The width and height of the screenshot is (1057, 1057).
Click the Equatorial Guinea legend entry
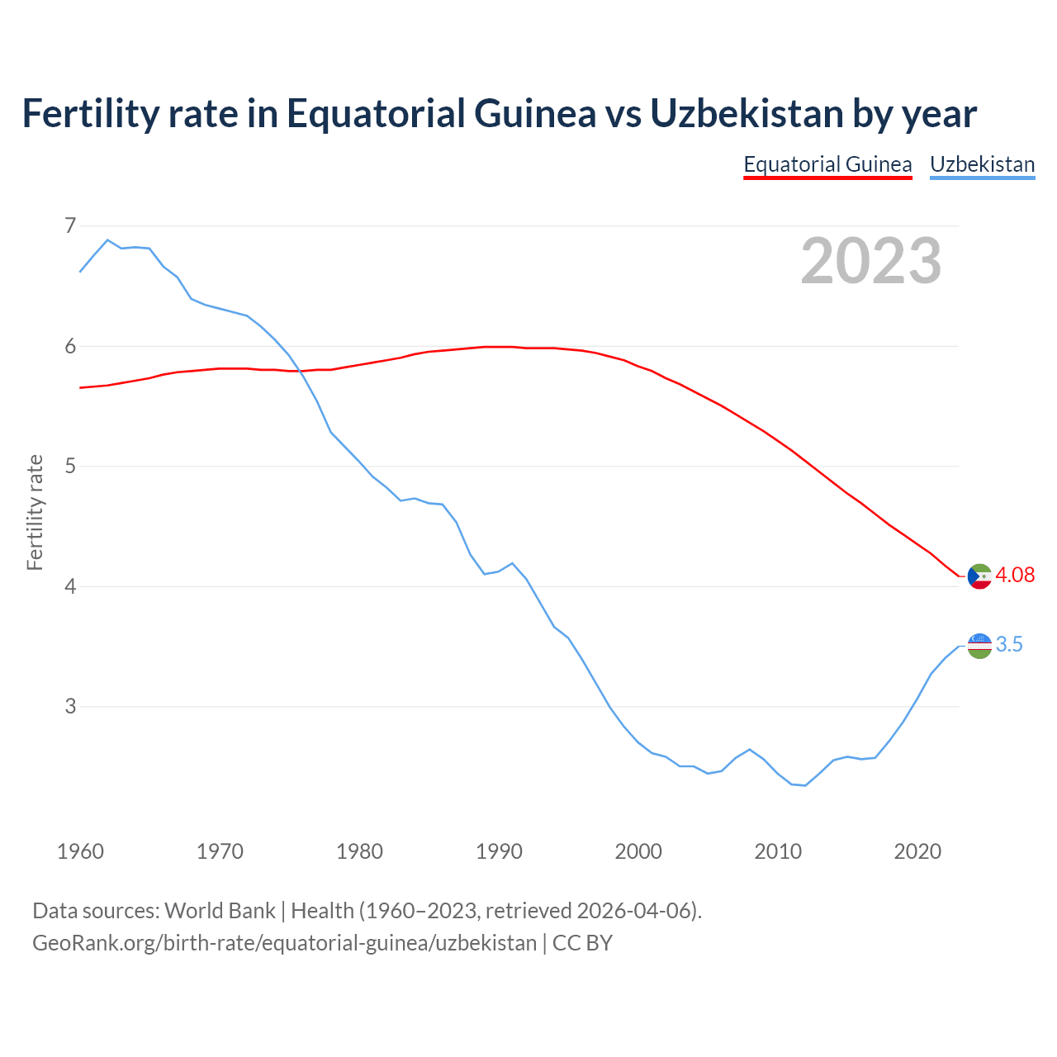(827, 164)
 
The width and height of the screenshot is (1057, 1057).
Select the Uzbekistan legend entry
(982, 164)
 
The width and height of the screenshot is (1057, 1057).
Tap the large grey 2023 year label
(871, 261)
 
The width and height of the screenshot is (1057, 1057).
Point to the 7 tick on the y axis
(70, 225)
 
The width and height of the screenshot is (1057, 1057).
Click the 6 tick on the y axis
(70, 346)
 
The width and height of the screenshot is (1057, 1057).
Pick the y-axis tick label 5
(70, 467)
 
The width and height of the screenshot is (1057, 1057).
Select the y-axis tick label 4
(70, 586)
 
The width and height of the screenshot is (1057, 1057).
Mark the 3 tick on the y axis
(70, 707)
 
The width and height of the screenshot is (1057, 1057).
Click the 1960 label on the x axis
(80, 851)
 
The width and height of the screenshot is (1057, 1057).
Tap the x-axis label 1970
(220, 851)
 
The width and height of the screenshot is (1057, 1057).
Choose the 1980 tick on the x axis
(359, 851)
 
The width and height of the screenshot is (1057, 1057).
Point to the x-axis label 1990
(499, 851)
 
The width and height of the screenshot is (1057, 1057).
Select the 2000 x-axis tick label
(638, 851)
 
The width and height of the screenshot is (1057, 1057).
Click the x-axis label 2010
(778, 851)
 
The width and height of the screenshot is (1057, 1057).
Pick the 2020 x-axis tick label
(917, 851)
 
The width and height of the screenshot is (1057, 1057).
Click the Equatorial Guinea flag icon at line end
(979, 576)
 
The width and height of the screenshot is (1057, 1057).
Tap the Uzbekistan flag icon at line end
(979, 646)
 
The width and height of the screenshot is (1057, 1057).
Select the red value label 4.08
(1015, 576)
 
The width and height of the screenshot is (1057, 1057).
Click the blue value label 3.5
(1009, 645)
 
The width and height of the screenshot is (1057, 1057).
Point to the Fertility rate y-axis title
(35, 512)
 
